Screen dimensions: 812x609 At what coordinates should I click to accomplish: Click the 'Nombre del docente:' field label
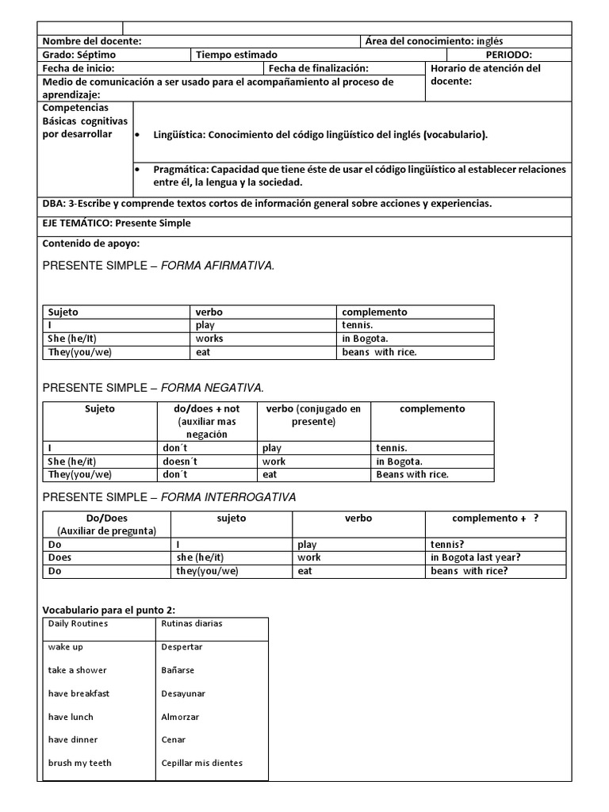(x=92, y=41)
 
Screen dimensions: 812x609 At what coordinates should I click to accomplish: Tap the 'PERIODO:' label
(x=508, y=55)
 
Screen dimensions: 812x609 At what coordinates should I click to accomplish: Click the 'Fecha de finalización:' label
(x=319, y=68)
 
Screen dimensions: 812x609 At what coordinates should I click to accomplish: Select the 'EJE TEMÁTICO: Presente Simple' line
(x=117, y=223)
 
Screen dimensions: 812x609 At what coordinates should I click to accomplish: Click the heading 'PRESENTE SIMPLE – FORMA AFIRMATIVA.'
(x=159, y=266)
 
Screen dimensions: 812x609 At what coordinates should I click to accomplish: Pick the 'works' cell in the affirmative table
(x=209, y=339)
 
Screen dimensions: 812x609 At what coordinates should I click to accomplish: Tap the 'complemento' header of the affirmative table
(x=374, y=312)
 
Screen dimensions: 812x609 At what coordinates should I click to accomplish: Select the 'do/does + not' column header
(x=206, y=408)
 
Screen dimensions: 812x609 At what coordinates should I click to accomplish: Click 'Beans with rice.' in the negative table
(x=412, y=475)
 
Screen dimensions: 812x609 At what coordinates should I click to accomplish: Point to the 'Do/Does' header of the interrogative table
(x=105, y=518)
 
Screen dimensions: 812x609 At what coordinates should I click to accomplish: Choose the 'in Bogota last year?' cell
(x=475, y=557)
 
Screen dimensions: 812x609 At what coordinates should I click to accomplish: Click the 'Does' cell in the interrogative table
(x=59, y=557)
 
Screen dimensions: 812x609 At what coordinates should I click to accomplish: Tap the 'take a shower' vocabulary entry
(x=79, y=670)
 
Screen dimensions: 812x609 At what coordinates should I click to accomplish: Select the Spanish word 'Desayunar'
(x=183, y=693)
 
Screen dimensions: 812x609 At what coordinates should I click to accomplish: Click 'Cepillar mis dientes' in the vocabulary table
(x=201, y=763)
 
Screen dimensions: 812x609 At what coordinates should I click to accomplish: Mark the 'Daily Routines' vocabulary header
(x=78, y=623)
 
